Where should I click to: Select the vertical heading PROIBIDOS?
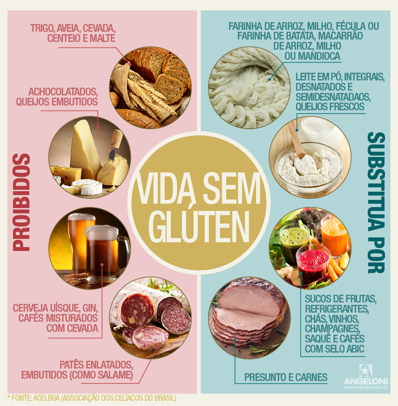(x=21, y=202)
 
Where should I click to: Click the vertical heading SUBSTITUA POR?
(x=376, y=202)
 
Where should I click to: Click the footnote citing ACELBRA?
(x=91, y=398)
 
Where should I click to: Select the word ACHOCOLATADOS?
(x=63, y=92)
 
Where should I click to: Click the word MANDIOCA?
(x=320, y=56)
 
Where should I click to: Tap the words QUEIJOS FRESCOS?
(x=330, y=106)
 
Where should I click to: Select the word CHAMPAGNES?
(x=333, y=328)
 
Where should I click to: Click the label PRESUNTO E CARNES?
(x=286, y=377)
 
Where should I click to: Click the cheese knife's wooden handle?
(x=116, y=139)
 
